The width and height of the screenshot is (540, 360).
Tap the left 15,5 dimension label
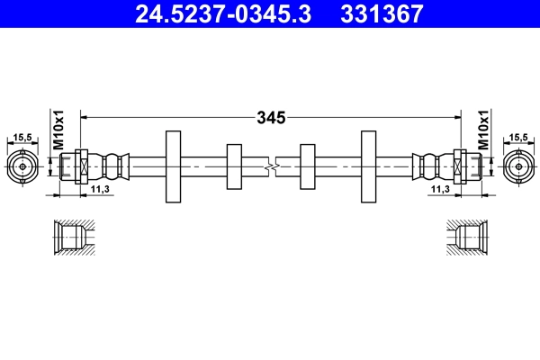[23, 137]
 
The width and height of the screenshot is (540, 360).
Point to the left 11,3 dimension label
[99, 190]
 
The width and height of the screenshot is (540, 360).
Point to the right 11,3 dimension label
[440, 190]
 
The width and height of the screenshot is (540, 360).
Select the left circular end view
[23, 166]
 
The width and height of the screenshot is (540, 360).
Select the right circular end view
[517, 166]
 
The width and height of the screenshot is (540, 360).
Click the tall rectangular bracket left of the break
[173, 166]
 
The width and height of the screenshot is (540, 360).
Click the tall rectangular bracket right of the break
[368, 166]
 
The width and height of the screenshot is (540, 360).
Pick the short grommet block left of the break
[234, 166]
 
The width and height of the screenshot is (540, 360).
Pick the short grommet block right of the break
[306, 166]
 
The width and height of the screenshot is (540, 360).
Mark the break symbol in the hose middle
[270, 166]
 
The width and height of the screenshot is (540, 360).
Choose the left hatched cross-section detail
[71, 238]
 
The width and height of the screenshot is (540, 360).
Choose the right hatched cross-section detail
[468, 238]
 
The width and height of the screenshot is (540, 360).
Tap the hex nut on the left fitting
[80, 166]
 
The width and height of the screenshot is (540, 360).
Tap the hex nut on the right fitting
[460, 166]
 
